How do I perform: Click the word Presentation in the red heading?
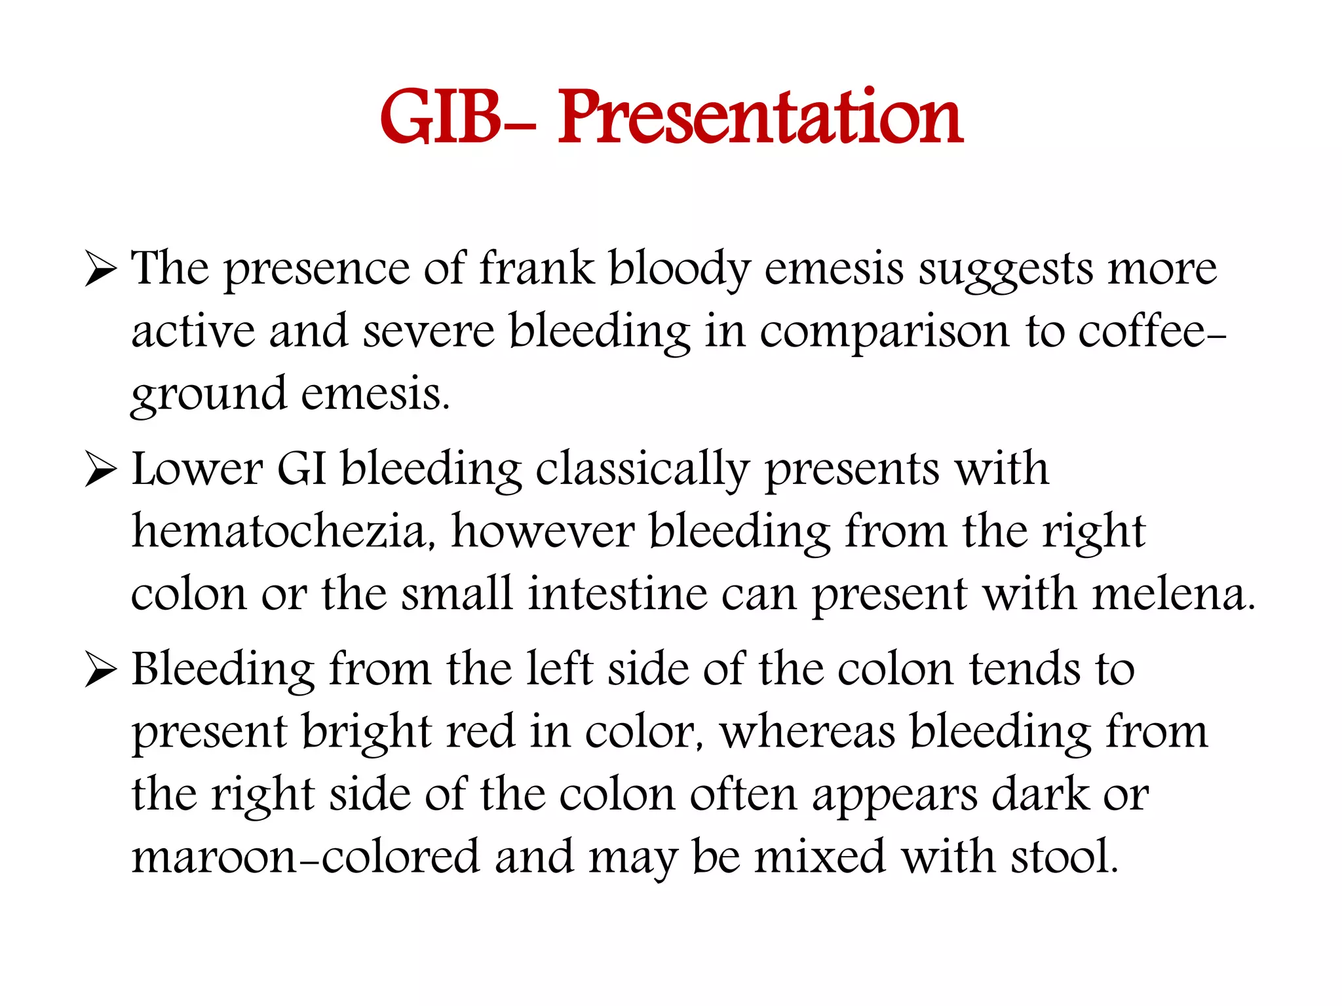point(760,118)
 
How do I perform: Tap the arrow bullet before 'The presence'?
point(101,270)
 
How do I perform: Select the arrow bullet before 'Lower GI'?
point(101,471)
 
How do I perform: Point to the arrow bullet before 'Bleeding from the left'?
point(101,671)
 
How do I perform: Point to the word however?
point(543,532)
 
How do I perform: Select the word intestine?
point(617,594)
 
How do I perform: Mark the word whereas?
point(807,732)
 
